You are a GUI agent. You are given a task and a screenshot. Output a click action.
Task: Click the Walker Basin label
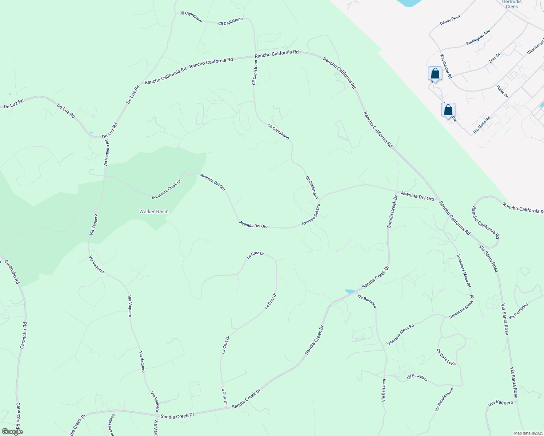point(154,211)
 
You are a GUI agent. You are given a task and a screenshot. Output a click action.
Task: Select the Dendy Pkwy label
point(450,20)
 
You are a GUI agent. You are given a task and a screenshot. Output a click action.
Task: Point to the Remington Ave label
point(478,37)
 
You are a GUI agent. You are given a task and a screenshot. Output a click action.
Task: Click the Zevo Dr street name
point(495,58)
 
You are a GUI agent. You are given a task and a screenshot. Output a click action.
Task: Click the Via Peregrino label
point(519,311)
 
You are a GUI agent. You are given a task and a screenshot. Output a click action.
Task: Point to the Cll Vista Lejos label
point(447,357)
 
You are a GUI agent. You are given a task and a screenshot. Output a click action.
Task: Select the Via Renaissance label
point(444,400)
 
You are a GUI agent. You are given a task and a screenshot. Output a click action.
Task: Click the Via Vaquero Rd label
point(106,153)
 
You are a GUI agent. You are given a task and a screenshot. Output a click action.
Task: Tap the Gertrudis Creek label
point(512,4)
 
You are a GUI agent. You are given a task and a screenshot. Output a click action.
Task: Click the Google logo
point(12,432)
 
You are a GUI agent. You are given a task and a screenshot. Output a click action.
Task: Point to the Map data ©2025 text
point(528,433)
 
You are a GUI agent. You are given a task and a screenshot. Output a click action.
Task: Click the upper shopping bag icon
point(435,73)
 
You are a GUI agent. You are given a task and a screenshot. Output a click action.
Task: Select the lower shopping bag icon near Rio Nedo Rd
point(448,109)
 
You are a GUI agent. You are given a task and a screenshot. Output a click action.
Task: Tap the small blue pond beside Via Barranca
point(350,291)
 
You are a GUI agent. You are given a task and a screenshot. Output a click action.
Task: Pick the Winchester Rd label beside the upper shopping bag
point(446,66)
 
